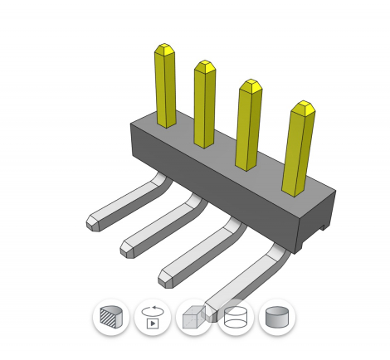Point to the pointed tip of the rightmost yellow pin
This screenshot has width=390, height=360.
click(x=304, y=106)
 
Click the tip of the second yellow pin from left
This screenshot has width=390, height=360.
click(x=204, y=65)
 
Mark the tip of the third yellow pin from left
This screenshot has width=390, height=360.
click(x=250, y=85)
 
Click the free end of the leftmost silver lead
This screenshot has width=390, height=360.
click(x=93, y=221)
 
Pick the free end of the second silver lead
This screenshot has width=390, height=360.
click(x=128, y=246)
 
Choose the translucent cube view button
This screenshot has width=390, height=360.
click(x=193, y=317)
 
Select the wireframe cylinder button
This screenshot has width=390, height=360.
click(x=235, y=317)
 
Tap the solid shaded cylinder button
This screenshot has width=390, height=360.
click(x=276, y=317)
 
